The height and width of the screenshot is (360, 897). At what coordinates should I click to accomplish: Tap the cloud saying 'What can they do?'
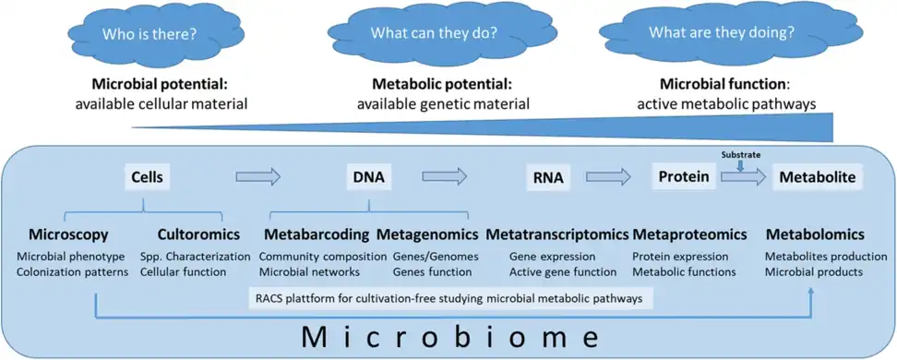(x=433, y=35)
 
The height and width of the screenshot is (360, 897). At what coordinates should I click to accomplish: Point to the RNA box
(x=549, y=176)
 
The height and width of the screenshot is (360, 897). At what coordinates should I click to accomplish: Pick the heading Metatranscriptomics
(x=556, y=234)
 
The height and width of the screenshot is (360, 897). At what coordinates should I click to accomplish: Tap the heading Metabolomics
(x=815, y=234)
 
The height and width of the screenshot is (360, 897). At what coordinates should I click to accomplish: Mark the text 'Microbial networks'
(x=310, y=271)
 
